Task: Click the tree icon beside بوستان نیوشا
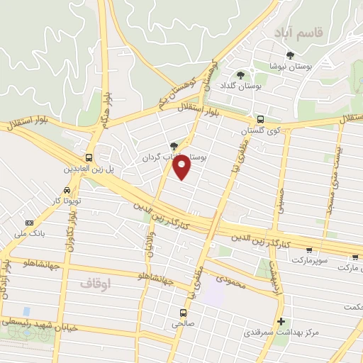[x=289, y=55]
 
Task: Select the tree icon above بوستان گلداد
[x=240, y=74]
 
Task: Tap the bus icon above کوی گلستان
[x=260, y=120]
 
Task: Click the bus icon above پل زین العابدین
[x=89, y=157]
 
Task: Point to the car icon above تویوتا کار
[x=66, y=190]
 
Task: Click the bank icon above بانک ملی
[x=29, y=222]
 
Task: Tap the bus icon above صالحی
[x=184, y=313]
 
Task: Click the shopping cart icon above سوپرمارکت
[x=309, y=250]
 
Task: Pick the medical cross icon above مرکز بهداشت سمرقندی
[x=281, y=322]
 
